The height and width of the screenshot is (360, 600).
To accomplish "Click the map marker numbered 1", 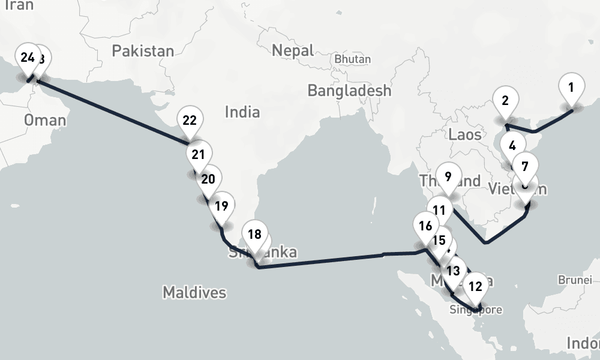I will [x=571, y=88].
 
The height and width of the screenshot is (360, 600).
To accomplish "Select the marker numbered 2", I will [x=505, y=101].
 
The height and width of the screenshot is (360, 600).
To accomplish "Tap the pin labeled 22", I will [x=190, y=121].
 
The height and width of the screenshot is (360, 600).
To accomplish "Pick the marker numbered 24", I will [x=27, y=58].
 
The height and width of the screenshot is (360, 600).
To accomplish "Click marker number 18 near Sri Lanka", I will [x=255, y=234].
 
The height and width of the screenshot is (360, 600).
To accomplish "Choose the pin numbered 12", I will [x=475, y=286].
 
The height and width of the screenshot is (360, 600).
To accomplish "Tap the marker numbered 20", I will [x=208, y=179].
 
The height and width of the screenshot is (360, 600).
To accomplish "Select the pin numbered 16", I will [x=426, y=226].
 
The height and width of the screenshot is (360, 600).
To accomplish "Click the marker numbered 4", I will [x=512, y=146].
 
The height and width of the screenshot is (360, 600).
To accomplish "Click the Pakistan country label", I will [x=143, y=51].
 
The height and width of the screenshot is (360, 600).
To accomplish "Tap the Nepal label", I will [x=293, y=50].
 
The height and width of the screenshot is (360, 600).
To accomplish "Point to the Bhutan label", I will [x=352, y=59].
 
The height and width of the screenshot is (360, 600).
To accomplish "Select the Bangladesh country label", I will [x=349, y=91].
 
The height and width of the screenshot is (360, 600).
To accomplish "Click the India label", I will [x=242, y=112].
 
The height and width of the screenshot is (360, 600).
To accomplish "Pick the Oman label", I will [x=45, y=120].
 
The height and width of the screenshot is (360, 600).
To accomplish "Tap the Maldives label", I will [x=194, y=293].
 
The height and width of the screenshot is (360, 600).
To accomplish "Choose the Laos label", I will [x=465, y=134].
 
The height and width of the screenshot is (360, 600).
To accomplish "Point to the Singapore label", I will [x=476, y=310].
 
